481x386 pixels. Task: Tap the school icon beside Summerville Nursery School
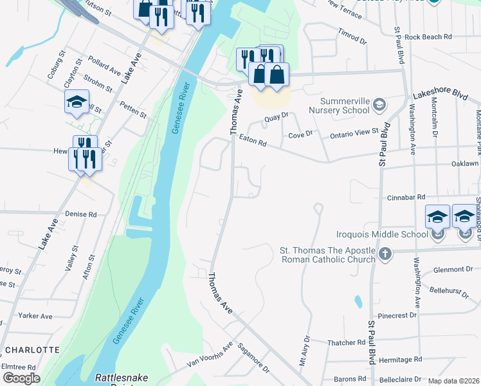point(379,104)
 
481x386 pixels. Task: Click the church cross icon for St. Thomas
point(385,253)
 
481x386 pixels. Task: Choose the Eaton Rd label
point(252,141)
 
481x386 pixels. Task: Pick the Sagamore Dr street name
point(253,358)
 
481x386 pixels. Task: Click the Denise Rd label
point(80,214)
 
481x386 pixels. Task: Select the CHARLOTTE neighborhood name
point(32,350)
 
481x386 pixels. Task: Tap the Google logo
point(21,378)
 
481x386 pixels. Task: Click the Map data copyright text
point(453,381)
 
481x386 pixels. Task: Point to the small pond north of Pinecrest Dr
point(357,301)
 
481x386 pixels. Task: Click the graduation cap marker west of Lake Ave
point(77,102)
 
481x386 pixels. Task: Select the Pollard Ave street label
point(105,65)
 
